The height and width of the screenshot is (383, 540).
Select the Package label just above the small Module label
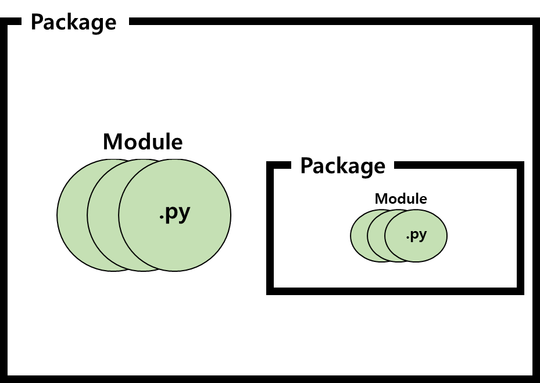click(x=342, y=165)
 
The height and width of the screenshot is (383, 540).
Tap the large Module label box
click(x=147, y=141)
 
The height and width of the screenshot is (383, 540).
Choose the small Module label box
click(x=409, y=196)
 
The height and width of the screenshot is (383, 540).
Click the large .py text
click(x=174, y=214)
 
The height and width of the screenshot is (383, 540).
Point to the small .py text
click(x=417, y=235)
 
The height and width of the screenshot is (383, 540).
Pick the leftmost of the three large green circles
click(x=72, y=215)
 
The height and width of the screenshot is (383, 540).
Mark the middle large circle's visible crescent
click(x=103, y=215)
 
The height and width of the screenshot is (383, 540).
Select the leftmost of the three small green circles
click(x=359, y=236)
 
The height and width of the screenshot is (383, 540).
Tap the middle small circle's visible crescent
click(x=376, y=236)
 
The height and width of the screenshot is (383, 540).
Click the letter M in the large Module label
click(x=113, y=141)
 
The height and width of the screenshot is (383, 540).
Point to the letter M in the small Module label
click(x=380, y=198)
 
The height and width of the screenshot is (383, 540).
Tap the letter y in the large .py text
click(x=184, y=215)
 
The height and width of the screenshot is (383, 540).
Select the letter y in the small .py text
click(x=423, y=236)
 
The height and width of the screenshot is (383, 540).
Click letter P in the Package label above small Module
click(x=306, y=166)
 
